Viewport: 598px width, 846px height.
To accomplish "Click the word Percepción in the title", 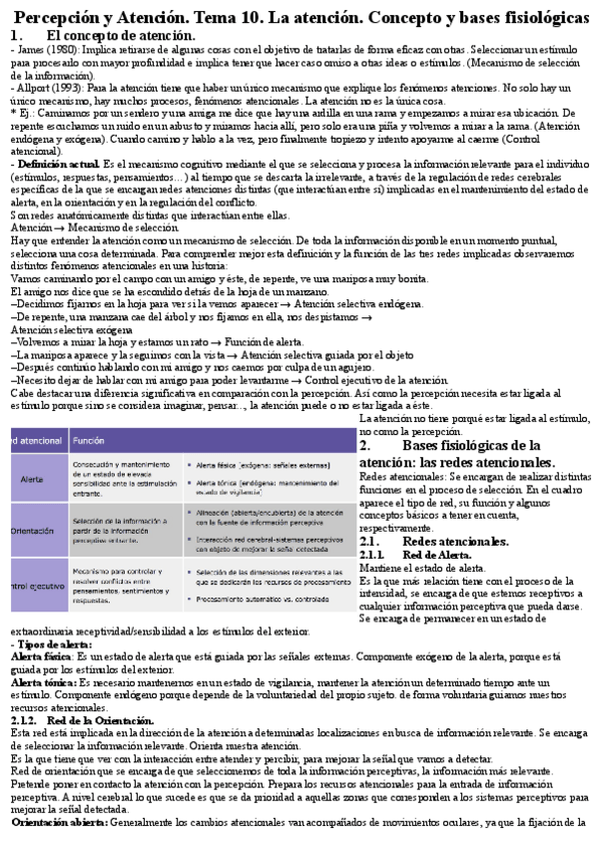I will tap(61, 17).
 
